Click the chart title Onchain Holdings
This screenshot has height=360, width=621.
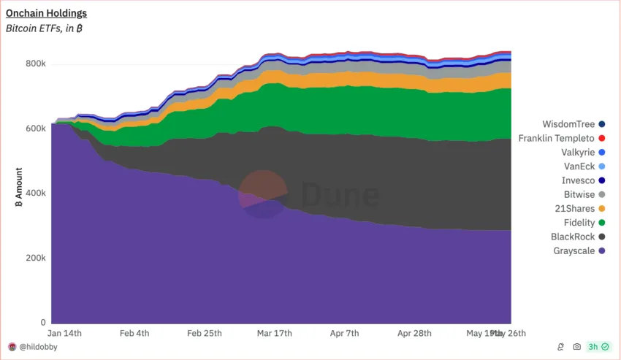click(46, 13)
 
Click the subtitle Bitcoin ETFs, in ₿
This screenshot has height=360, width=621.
click(44, 28)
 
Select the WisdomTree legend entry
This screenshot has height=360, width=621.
click(569, 124)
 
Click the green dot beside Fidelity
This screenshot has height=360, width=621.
click(601, 223)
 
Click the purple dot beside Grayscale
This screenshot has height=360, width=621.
click(601, 251)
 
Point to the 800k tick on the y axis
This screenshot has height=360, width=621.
click(35, 64)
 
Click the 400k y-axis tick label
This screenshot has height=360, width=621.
click(35, 194)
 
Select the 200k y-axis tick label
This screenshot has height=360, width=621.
click(35, 258)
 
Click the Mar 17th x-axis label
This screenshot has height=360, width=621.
click(275, 333)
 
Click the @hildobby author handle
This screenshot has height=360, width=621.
click(38, 347)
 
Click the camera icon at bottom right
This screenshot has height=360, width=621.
click(576, 347)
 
